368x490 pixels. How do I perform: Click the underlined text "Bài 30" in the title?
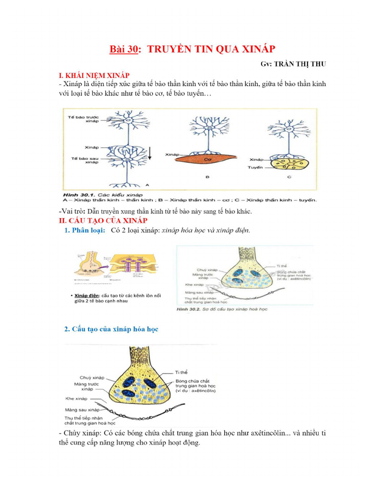(124, 50)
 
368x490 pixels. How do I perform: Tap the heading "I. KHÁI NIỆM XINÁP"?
(94, 76)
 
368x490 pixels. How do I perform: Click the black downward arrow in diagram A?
(149, 153)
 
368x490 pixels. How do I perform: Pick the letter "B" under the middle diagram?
(207, 177)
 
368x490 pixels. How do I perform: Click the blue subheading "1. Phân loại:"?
(84, 230)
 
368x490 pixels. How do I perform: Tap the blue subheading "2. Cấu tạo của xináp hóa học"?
(111, 329)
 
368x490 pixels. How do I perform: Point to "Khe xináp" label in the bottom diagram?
(76, 398)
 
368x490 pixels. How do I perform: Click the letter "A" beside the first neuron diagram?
(147, 184)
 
